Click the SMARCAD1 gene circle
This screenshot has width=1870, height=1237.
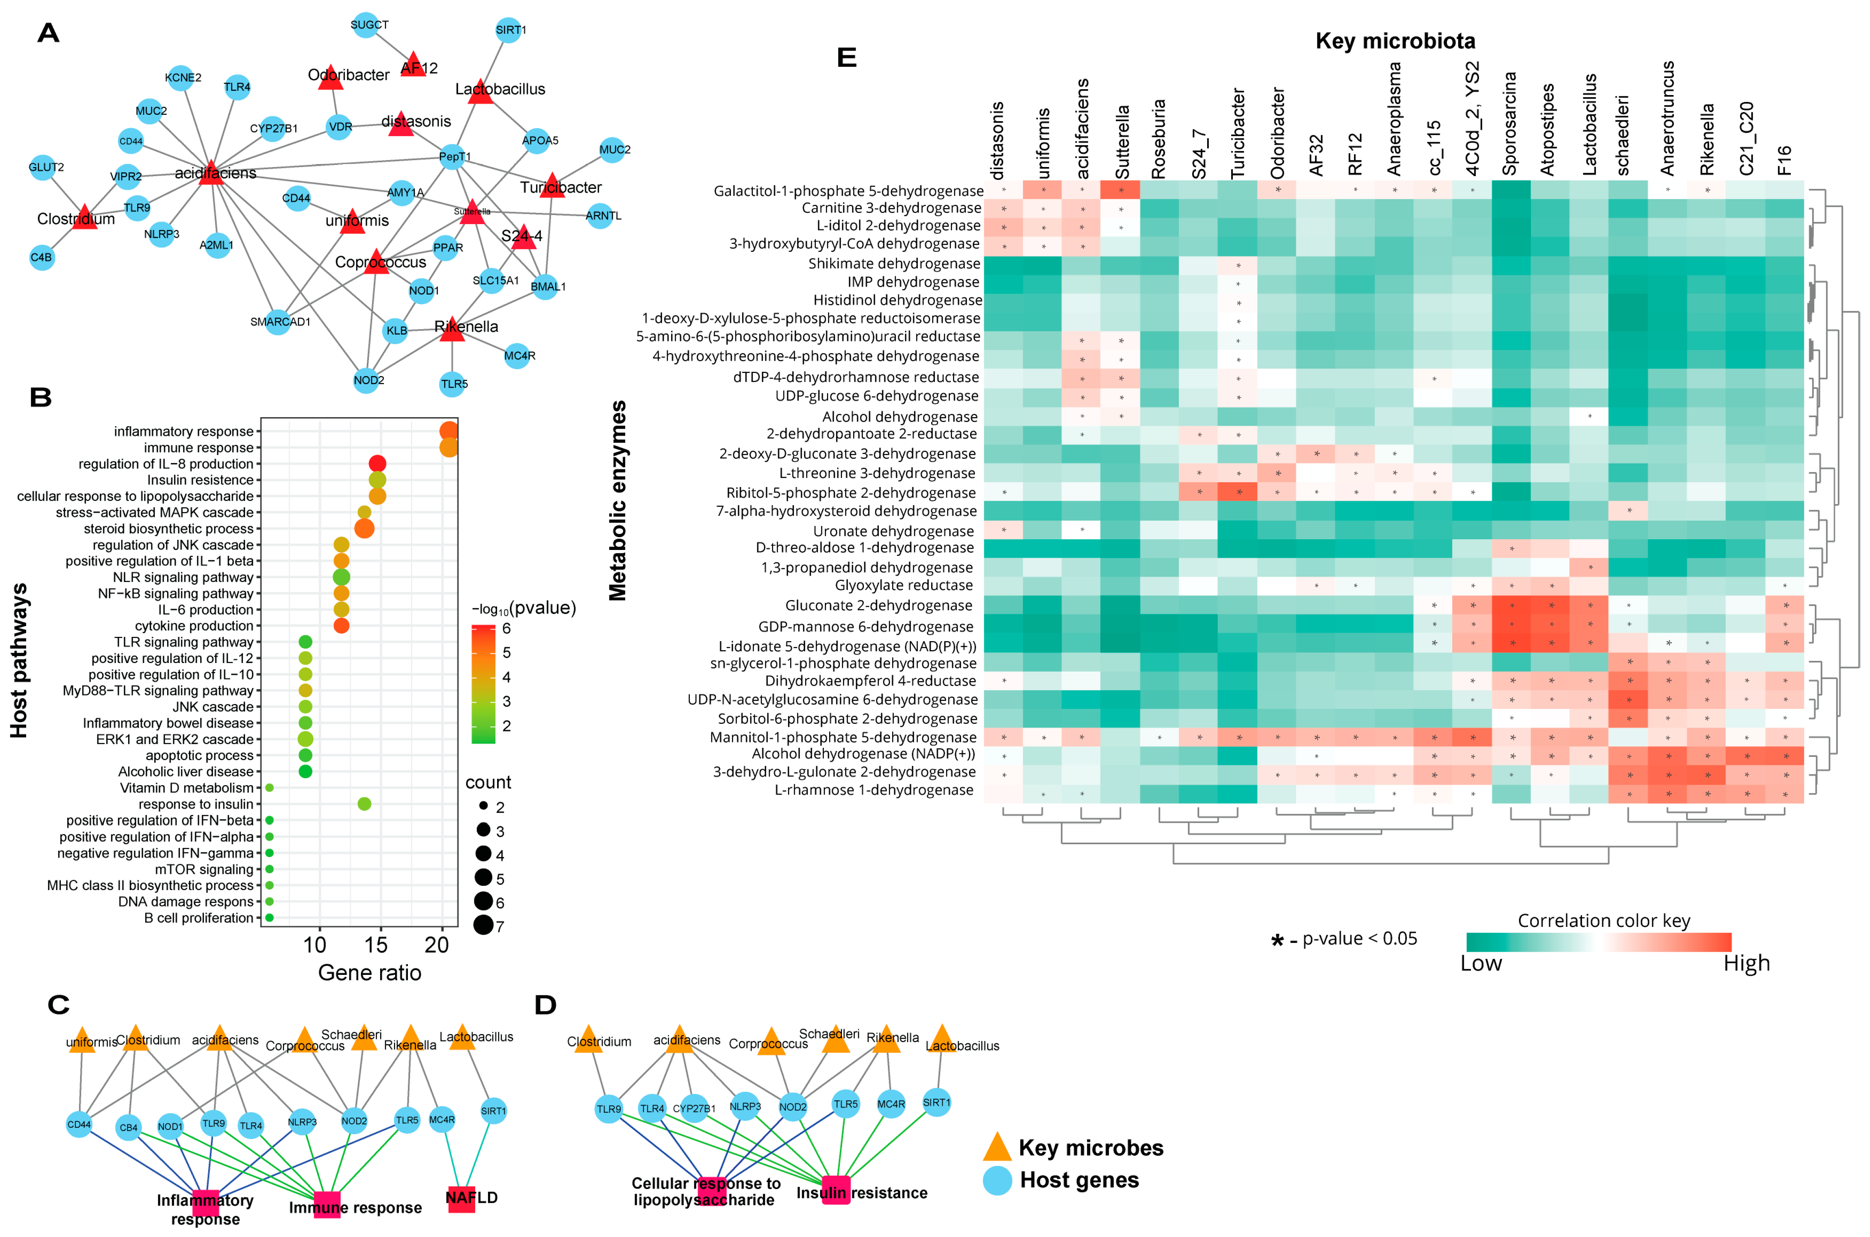click(x=278, y=322)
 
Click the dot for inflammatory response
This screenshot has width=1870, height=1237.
click(x=448, y=431)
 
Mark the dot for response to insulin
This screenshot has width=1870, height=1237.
click(x=364, y=804)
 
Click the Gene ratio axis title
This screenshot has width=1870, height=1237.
click(x=369, y=973)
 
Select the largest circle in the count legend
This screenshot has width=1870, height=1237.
click(x=483, y=925)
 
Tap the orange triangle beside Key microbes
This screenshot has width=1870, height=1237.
click(x=997, y=1147)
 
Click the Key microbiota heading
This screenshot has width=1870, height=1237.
click(x=1395, y=41)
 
